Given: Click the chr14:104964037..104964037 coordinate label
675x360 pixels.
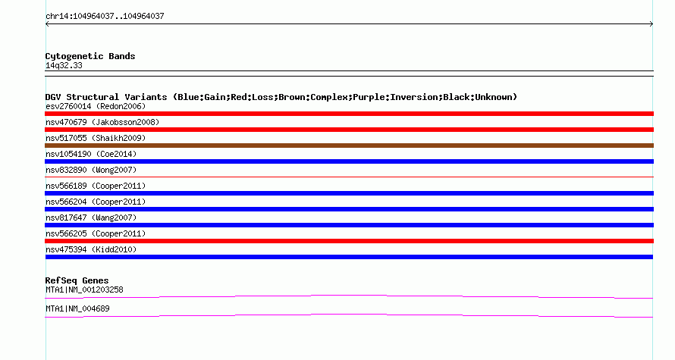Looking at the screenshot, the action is click(105, 17).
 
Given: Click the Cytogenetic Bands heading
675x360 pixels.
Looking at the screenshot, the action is click(90, 56).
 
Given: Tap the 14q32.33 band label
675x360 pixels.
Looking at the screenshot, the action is click(64, 65).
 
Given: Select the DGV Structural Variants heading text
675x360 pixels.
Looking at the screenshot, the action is click(281, 97).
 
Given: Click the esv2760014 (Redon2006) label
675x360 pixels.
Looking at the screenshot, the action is click(96, 106).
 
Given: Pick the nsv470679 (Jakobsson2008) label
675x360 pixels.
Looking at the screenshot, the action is click(102, 122).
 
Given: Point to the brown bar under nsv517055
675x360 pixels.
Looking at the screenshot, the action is click(349, 146).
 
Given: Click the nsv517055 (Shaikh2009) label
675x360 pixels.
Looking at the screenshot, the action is click(96, 138).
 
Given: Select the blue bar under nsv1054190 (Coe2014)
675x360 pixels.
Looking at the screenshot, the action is click(349, 161).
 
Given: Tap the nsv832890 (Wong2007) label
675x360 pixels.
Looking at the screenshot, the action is click(91, 170).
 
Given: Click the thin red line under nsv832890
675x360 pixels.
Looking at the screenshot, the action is click(349, 177).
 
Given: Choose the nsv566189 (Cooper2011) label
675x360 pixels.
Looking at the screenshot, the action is click(96, 186).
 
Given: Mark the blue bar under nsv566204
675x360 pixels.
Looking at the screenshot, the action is click(349, 209).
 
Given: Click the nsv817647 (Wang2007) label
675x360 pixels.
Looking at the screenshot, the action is click(91, 218).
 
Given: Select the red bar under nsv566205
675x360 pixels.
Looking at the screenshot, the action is click(349, 241).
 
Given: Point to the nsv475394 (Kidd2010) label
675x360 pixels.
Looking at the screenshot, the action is click(91, 249).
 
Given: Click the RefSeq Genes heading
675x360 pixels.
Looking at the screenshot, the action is click(77, 280).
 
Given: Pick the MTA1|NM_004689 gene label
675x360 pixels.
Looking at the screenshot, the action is click(77, 308).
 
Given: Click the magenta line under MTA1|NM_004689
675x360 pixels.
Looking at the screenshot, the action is click(349, 315).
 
